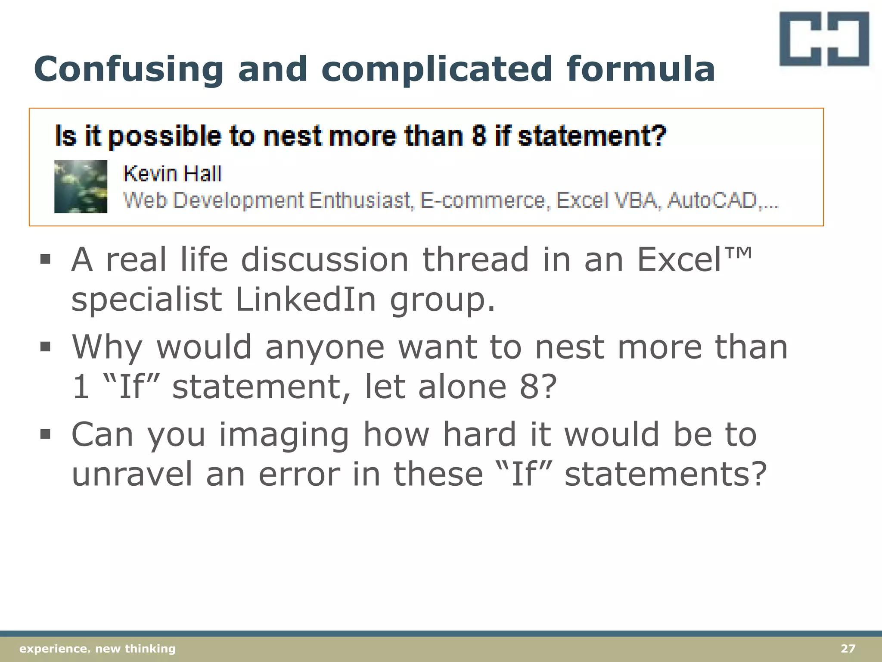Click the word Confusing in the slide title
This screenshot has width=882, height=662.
128,69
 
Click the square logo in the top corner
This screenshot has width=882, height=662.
824,39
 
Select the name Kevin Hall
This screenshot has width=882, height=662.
172,174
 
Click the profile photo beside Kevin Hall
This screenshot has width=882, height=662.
81,186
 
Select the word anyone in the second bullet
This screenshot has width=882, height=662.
325,347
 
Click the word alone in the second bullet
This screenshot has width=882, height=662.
462,387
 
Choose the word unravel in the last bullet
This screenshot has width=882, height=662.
132,474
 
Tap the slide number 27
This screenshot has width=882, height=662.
848,649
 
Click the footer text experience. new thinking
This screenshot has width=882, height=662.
97,649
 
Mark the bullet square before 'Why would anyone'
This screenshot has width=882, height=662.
45,347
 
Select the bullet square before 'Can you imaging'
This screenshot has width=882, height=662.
45,434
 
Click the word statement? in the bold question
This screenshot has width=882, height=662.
592,136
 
